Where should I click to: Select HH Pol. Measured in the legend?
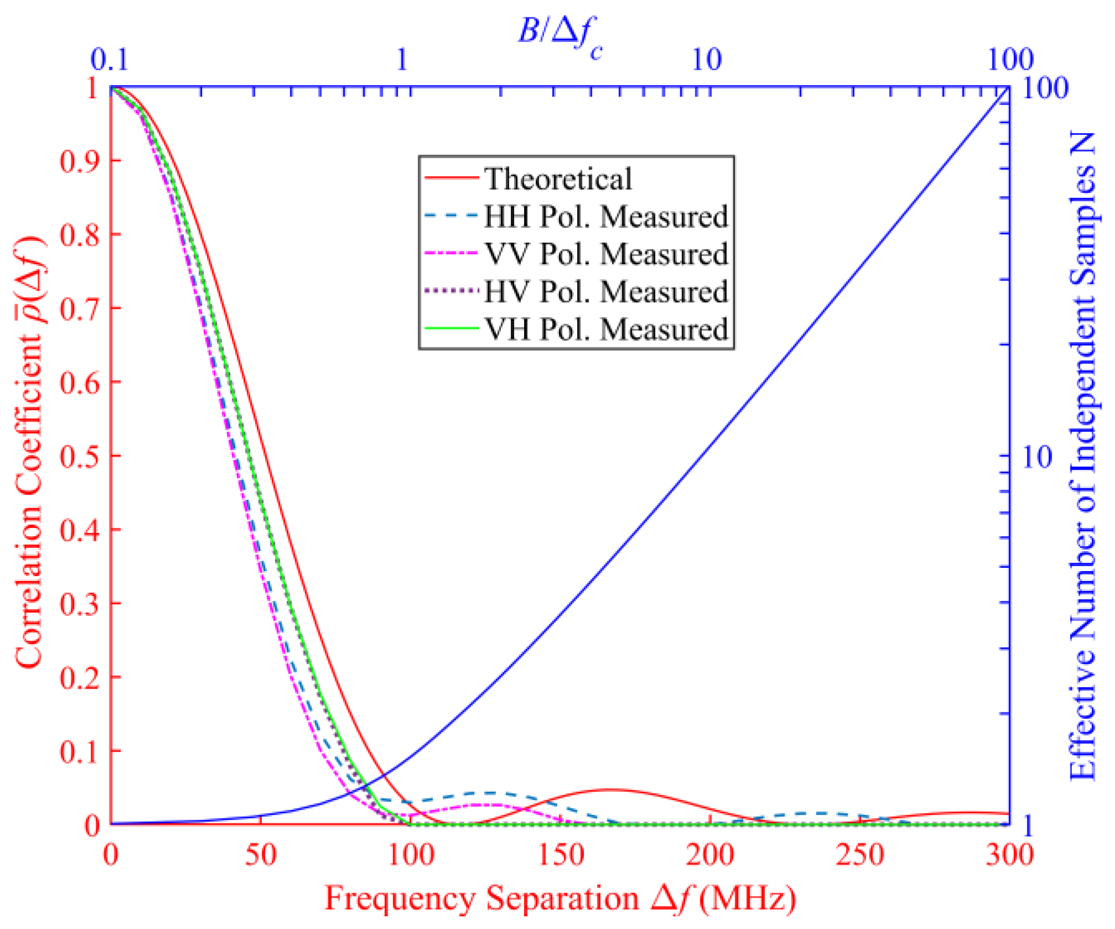(605, 216)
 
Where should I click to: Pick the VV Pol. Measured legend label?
(606, 254)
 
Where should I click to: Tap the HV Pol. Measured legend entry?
(605, 291)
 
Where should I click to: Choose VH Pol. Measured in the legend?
(606, 329)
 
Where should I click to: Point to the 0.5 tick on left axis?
(80, 456)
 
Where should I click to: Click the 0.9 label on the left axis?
(80, 161)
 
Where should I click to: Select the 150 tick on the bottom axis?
(561, 855)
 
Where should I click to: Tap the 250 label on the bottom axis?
(860, 855)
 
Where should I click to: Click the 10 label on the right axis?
(1037, 456)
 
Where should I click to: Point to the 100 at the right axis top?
(1045, 87)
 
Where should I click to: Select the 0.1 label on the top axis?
(109, 59)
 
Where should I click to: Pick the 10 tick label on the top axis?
(706, 59)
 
